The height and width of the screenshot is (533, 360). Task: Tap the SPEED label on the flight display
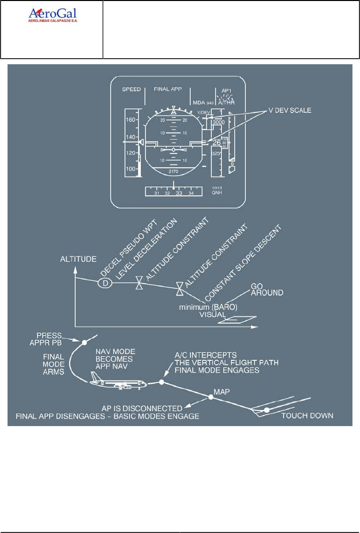132,89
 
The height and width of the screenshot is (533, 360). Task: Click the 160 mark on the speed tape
132,120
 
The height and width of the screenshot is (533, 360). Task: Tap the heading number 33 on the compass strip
179,193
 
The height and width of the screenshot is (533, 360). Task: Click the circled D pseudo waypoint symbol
105,283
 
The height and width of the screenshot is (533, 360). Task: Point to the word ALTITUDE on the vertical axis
78,259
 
